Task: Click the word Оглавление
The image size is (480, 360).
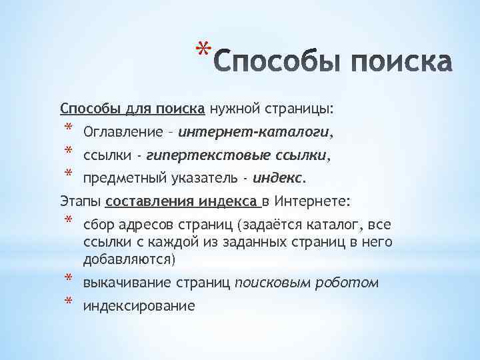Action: point(121,133)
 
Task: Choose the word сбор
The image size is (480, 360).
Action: point(97,225)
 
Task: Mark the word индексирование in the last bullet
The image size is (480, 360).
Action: point(139,306)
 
